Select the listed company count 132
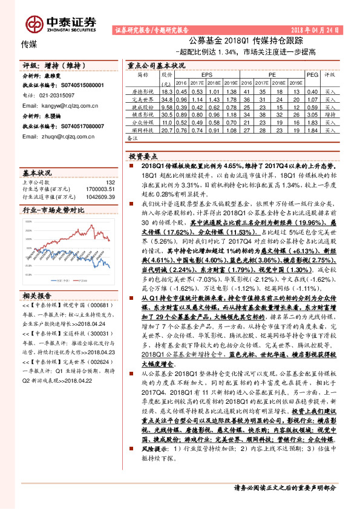point(110,182)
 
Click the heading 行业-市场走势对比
point(53,210)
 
